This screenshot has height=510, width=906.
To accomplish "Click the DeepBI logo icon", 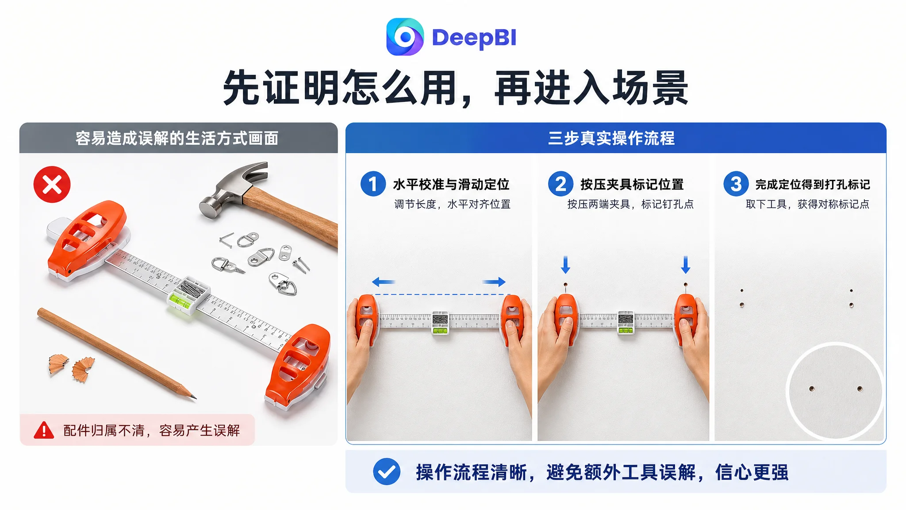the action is tap(405, 37).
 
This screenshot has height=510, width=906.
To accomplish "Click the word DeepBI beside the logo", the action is tap(474, 38).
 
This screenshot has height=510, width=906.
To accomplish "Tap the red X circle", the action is tap(52, 185).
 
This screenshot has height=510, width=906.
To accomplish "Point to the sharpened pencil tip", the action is tap(194, 398).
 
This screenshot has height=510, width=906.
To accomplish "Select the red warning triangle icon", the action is tap(44, 430).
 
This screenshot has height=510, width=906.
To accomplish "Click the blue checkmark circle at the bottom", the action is tap(387, 471).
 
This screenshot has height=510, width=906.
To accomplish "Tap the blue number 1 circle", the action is tap(373, 184).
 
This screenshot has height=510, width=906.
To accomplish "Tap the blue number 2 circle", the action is tap(560, 184).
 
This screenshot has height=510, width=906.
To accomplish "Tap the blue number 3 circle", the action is tap(736, 184).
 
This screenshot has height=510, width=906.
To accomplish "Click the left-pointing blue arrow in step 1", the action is tap(384, 282).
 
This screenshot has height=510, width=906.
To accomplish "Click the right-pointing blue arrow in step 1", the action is tap(494, 282).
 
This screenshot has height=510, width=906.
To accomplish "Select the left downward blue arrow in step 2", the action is tap(565, 265).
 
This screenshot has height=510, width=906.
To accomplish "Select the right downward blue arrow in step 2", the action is tap(686, 265).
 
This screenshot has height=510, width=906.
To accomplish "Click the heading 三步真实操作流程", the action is tap(611, 138).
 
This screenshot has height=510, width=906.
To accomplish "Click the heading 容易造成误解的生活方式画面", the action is tap(177, 138).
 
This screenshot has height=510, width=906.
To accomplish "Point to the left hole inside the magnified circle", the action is tap(812, 389).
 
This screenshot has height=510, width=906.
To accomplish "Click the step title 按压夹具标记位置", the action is tap(632, 184).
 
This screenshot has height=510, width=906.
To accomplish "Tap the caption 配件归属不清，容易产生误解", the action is tap(152, 430).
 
